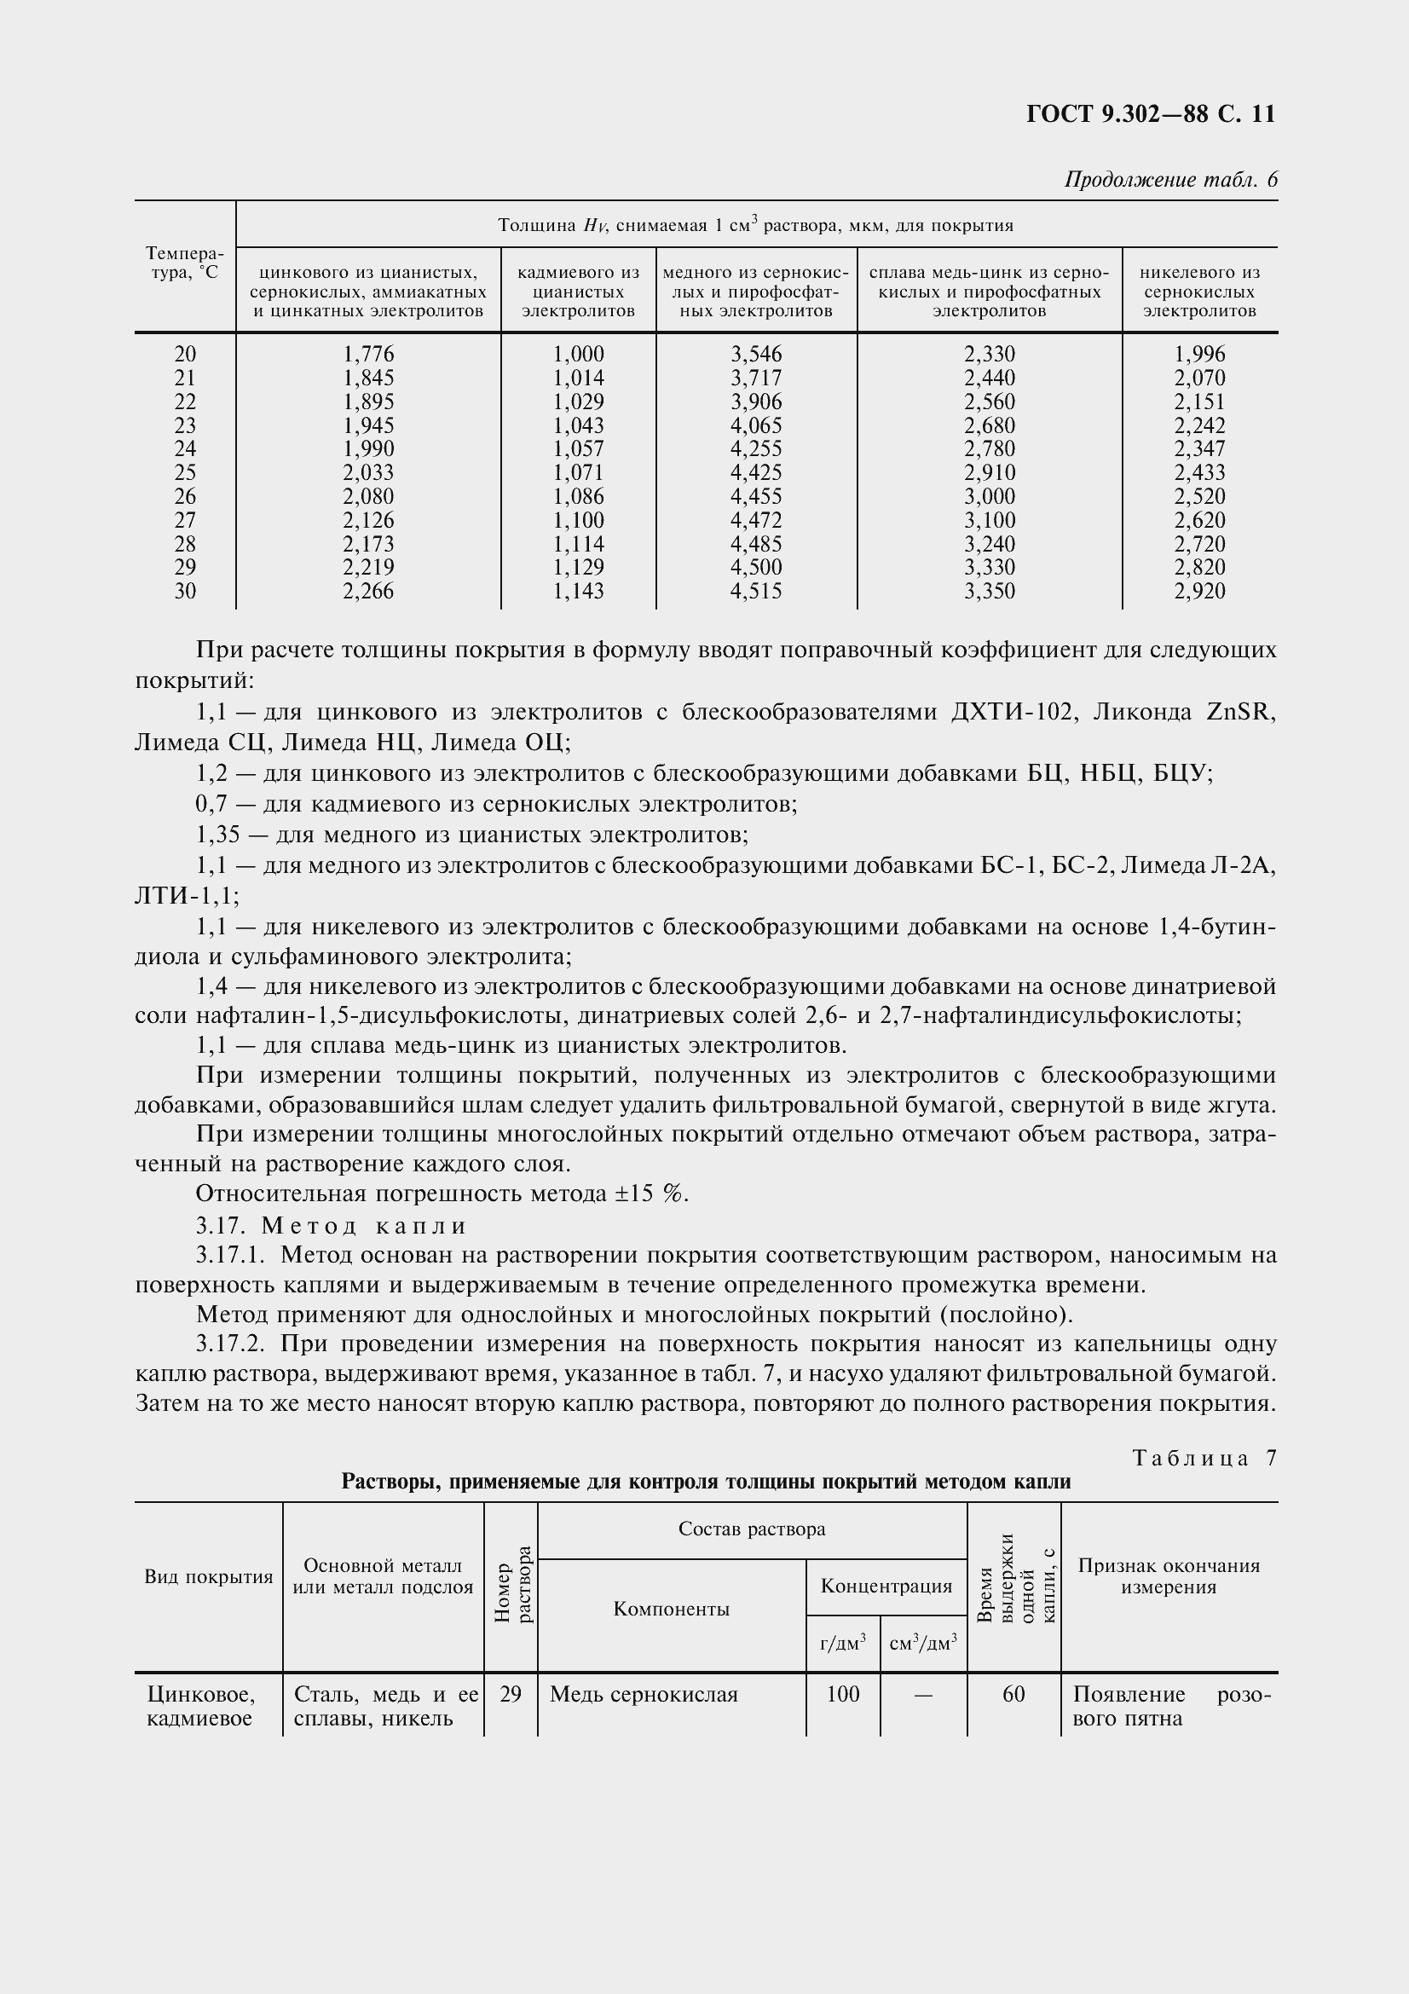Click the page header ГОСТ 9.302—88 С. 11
[x=1150, y=114]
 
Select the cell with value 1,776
[x=368, y=355]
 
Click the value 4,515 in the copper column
[x=755, y=592]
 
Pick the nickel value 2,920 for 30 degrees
[x=1199, y=592]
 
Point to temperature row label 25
[x=185, y=472]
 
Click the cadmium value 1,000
[x=578, y=355]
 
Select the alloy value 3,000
[x=989, y=497]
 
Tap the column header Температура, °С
[x=185, y=263]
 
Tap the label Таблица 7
[x=1204, y=1458]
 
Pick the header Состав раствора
[x=752, y=1529]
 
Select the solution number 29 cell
[x=511, y=1695]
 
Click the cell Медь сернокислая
[x=644, y=1695]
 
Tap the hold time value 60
[x=1013, y=1695]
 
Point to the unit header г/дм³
[x=842, y=1643]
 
